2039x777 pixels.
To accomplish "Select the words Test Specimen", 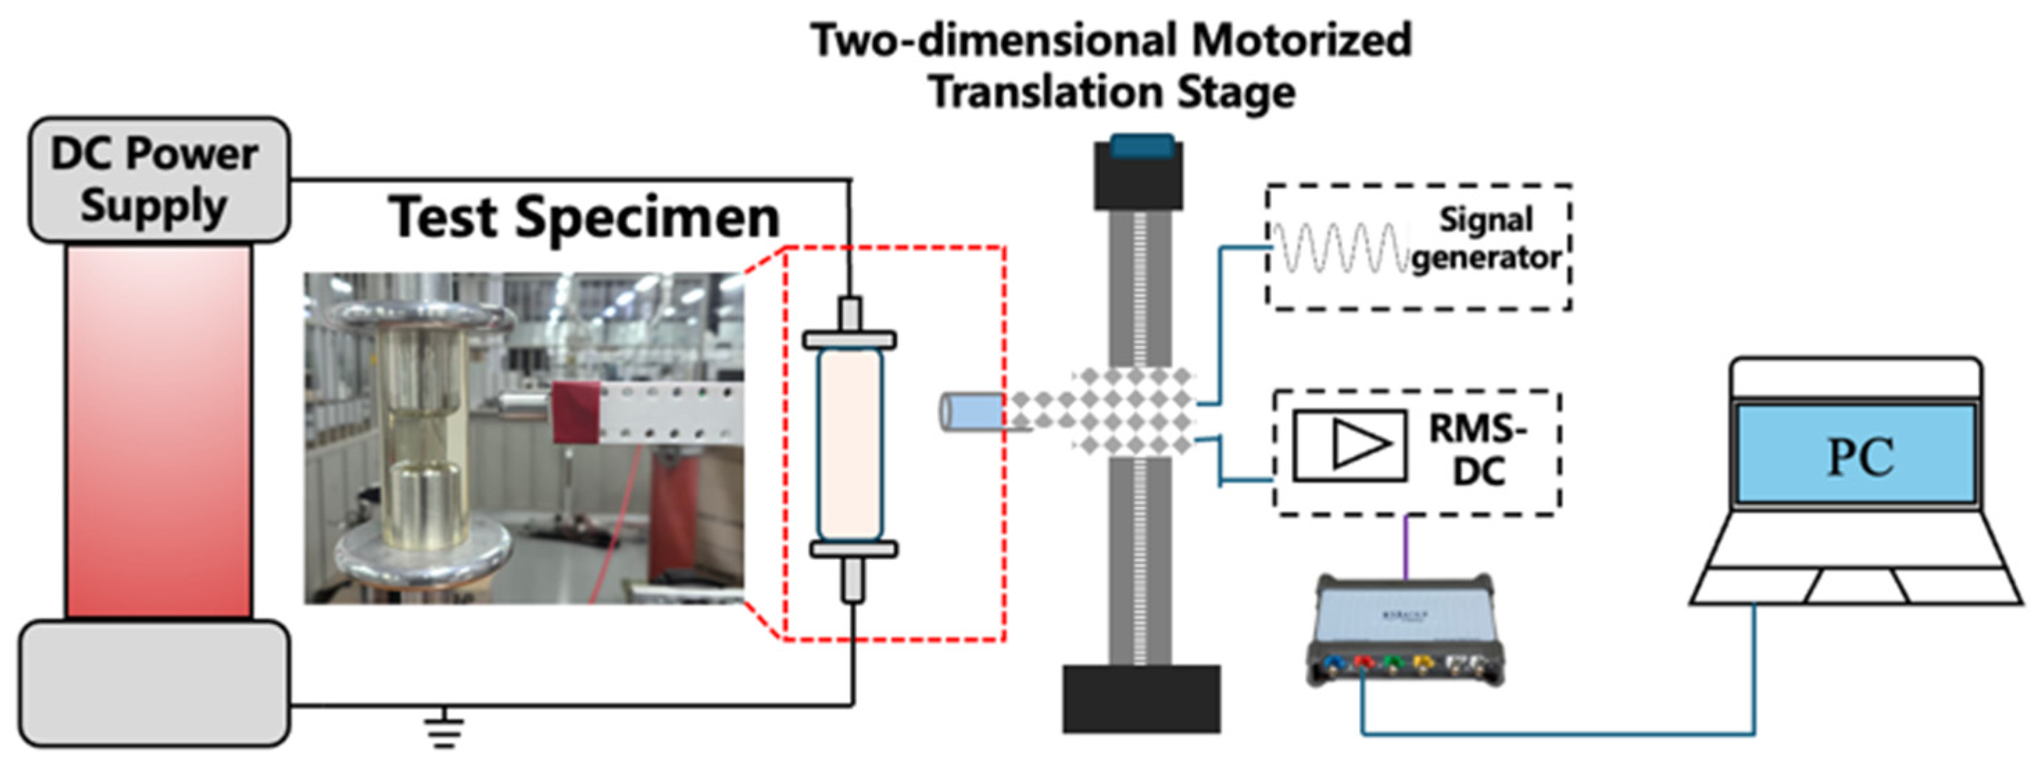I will [x=584, y=217].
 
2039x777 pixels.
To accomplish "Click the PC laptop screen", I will [x=1855, y=454].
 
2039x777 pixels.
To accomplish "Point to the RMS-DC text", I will [x=1477, y=450].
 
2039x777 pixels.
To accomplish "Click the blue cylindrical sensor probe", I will [x=971, y=412].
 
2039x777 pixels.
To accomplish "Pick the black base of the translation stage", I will [x=1141, y=699].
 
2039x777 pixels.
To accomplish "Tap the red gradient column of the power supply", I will [x=158, y=432].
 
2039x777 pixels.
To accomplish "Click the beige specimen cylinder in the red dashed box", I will [x=850, y=445].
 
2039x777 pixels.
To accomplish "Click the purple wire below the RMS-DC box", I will [x=1406, y=547].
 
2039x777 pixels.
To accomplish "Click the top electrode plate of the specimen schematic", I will [x=850, y=340].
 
